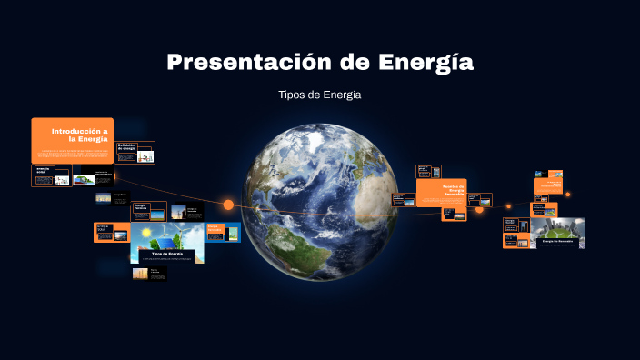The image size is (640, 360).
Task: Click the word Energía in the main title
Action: pyautogui.click(x=429, y=64)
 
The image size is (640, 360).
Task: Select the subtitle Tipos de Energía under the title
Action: pyautogui.click(x=320, y=95)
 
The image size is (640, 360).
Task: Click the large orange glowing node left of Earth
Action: pyautogui.click(x=228, y=205)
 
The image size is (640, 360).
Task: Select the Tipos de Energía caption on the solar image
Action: pyautogui.click(x=166, y=254)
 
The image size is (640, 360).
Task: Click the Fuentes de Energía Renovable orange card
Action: pyautogui.click(x=441, y=192)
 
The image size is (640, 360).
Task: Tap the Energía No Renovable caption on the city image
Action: pyautogui.click(x=556, y=242)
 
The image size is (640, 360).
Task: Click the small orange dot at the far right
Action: pyautogui.click(x=567, y=194)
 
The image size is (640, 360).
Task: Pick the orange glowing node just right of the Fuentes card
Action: pyautogui.click(x=480, y=209)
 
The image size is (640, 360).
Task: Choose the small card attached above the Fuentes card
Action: pyautogui.click(x=428, y=171)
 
